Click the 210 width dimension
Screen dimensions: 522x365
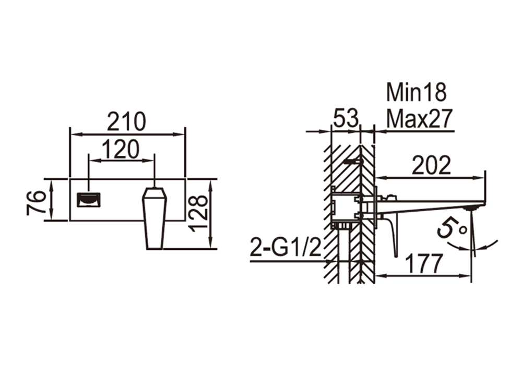[x=126, y=121]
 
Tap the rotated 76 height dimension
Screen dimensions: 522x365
[x=36, y=202]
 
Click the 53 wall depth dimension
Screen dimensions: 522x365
[x=346, y=118]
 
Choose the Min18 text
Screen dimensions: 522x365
[x=416, y=92]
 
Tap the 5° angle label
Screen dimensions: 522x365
[x=452, y=228]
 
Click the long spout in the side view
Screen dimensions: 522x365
[x=430, y=206]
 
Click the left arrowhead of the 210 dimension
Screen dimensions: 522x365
[x=75, y=135]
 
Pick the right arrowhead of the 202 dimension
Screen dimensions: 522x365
[x=480, y=178]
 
